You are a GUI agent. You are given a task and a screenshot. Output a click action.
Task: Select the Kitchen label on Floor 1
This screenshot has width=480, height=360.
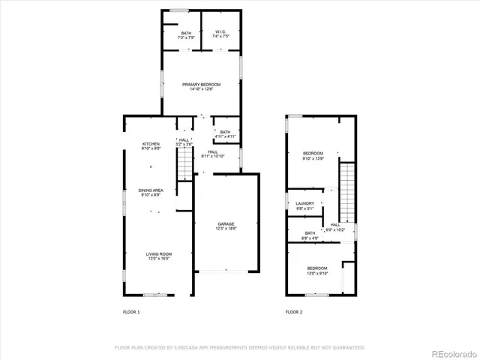151,144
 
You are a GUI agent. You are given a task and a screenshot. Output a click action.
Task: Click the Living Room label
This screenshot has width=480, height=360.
158,254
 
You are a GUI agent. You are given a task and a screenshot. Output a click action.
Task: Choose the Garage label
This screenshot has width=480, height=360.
226,223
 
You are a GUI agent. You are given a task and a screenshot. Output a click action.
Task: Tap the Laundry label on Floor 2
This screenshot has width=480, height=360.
304,203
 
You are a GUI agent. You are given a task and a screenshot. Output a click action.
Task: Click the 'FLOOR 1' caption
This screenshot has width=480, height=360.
131,311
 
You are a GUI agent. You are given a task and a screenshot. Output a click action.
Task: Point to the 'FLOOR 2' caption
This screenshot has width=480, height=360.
294,311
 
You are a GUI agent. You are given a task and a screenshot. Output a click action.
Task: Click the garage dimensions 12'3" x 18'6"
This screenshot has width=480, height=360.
226,229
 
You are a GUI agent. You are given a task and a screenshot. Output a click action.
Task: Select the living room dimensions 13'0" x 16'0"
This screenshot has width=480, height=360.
158,259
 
